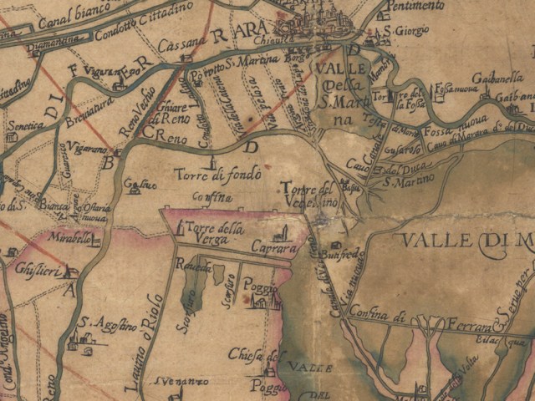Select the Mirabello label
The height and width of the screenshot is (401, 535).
68,238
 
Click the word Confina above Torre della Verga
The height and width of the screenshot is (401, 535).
210,198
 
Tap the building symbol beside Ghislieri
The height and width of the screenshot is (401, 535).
70,272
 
